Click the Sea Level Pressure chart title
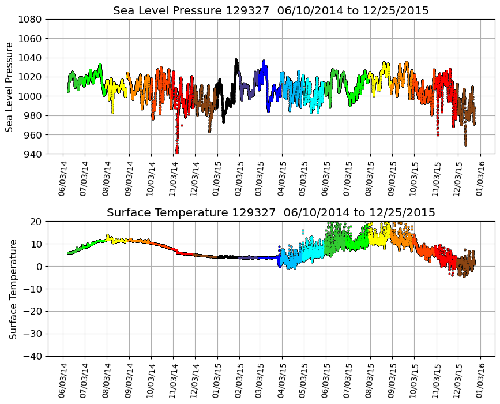(x=271, y=11)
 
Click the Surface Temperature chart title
(x=271, y=213)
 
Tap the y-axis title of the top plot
(x=10, y=87)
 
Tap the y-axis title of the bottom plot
(x=13, y=289)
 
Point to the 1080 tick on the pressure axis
(x=32, y=19)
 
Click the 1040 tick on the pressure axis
(x=32, y=58)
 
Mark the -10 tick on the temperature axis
(x=32, y=289)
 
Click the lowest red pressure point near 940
(x=176, y=152)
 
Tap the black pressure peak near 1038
(x=236, y=59)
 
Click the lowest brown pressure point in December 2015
(x=465, y=144)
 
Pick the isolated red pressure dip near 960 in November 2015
(x=438, y=134)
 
